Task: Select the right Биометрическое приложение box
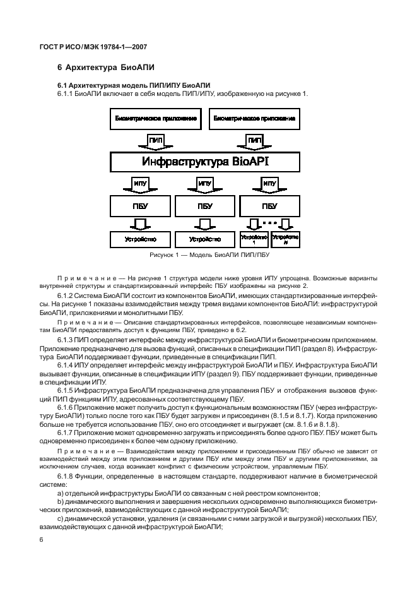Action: point(254,118)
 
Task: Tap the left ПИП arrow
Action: point(156,140)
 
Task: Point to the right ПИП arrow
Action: point(254,140)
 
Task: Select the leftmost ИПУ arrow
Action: point(141,184)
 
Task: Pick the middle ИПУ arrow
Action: point(205,184)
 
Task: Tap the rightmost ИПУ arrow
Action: point(269,184)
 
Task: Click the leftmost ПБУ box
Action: point(141,206)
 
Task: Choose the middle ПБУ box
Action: point(205,206)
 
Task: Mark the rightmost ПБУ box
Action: point(269,206)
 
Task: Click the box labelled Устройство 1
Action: point(254,239)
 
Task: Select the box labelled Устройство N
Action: point(285,239)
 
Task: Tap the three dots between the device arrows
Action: point(270,222)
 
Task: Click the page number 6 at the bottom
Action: point(41,540)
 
